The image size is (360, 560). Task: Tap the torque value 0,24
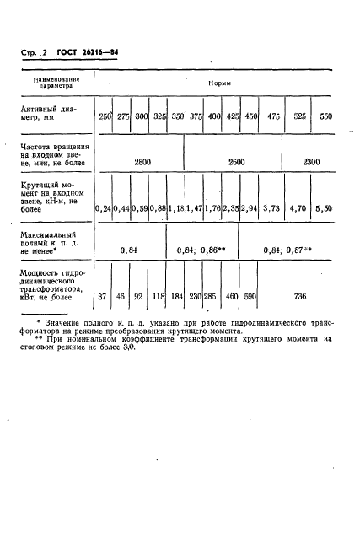[105, 207]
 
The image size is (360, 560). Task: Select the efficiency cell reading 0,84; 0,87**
[288, 250]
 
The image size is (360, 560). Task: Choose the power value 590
[250, 297]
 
